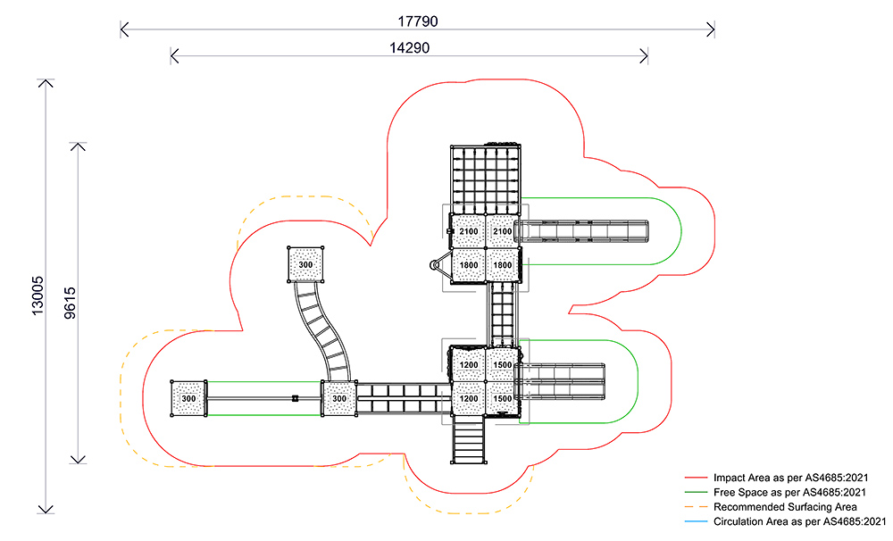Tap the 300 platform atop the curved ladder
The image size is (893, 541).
point(305,265)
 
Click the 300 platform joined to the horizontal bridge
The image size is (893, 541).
point(338,398)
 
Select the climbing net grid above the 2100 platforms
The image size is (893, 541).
point(485,179)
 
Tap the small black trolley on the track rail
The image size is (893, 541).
point(293,398)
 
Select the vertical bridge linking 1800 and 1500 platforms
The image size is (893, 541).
point(502,314)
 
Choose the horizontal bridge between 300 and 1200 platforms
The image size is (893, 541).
point(402,398)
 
